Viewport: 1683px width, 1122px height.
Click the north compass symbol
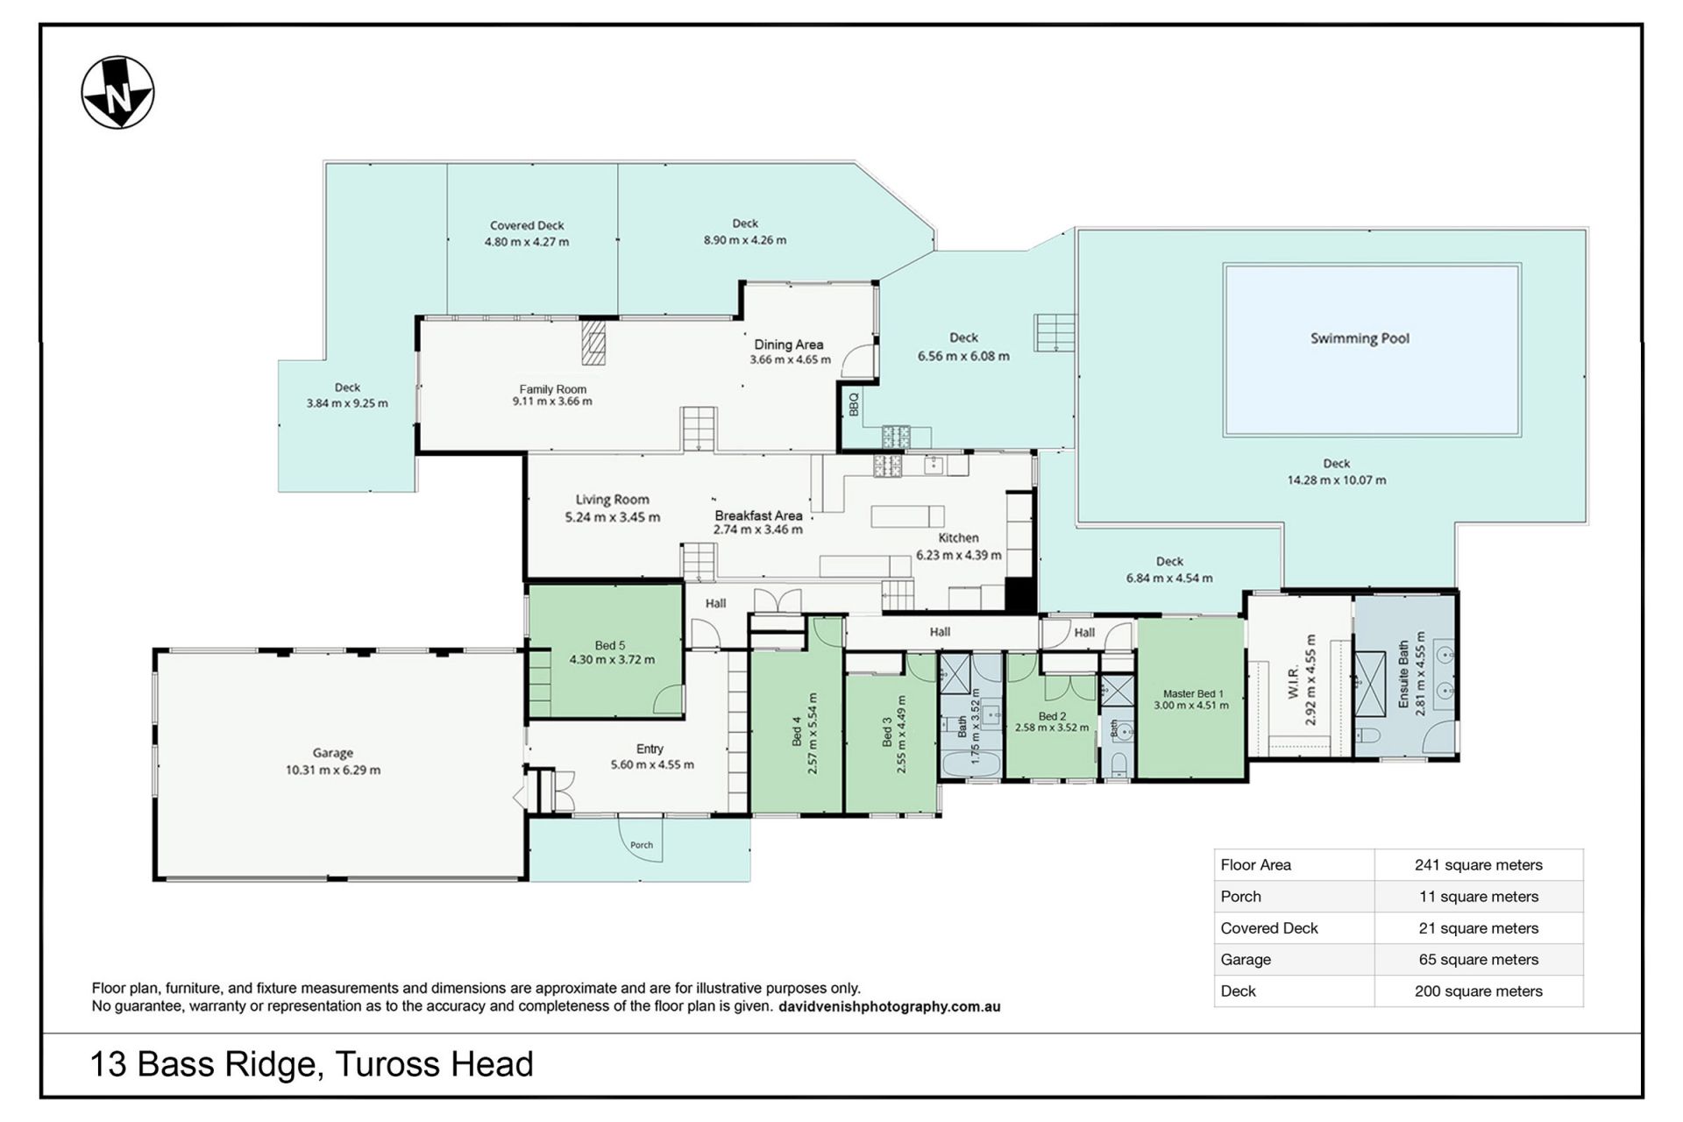[x=117, y=93]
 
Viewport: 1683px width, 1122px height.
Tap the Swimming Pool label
[x=1360, y=338]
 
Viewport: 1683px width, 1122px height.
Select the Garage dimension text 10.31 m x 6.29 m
[x=333, y=770]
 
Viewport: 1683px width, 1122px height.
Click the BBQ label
[x=854, y=404]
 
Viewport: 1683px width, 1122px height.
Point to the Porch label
[x=642, y=845]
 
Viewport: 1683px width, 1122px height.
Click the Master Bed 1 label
[x=1192, y=693]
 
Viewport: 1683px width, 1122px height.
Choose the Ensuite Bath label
[x=1403, y=675]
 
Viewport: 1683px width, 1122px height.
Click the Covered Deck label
[x=527, y=225]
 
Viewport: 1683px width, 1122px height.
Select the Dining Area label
[x=789, y=344]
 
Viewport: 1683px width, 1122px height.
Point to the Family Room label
[x=553, y=389]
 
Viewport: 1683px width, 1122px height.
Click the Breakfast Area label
[x=758, y=515]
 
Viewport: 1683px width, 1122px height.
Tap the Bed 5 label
[x=610, y=645]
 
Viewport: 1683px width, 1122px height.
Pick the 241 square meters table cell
[x=1479, y=865]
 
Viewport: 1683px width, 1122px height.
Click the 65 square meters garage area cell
[x=1479, y=960]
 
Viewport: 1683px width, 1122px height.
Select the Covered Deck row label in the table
[x=1269, y=928]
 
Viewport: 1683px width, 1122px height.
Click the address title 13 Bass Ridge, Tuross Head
[x=312, y=1065]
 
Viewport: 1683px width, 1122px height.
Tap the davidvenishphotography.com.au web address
[x=890, y=1007]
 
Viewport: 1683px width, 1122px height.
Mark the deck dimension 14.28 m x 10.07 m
[x=1337, y=480]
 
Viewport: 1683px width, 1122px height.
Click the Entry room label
[x=650, y=749]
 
